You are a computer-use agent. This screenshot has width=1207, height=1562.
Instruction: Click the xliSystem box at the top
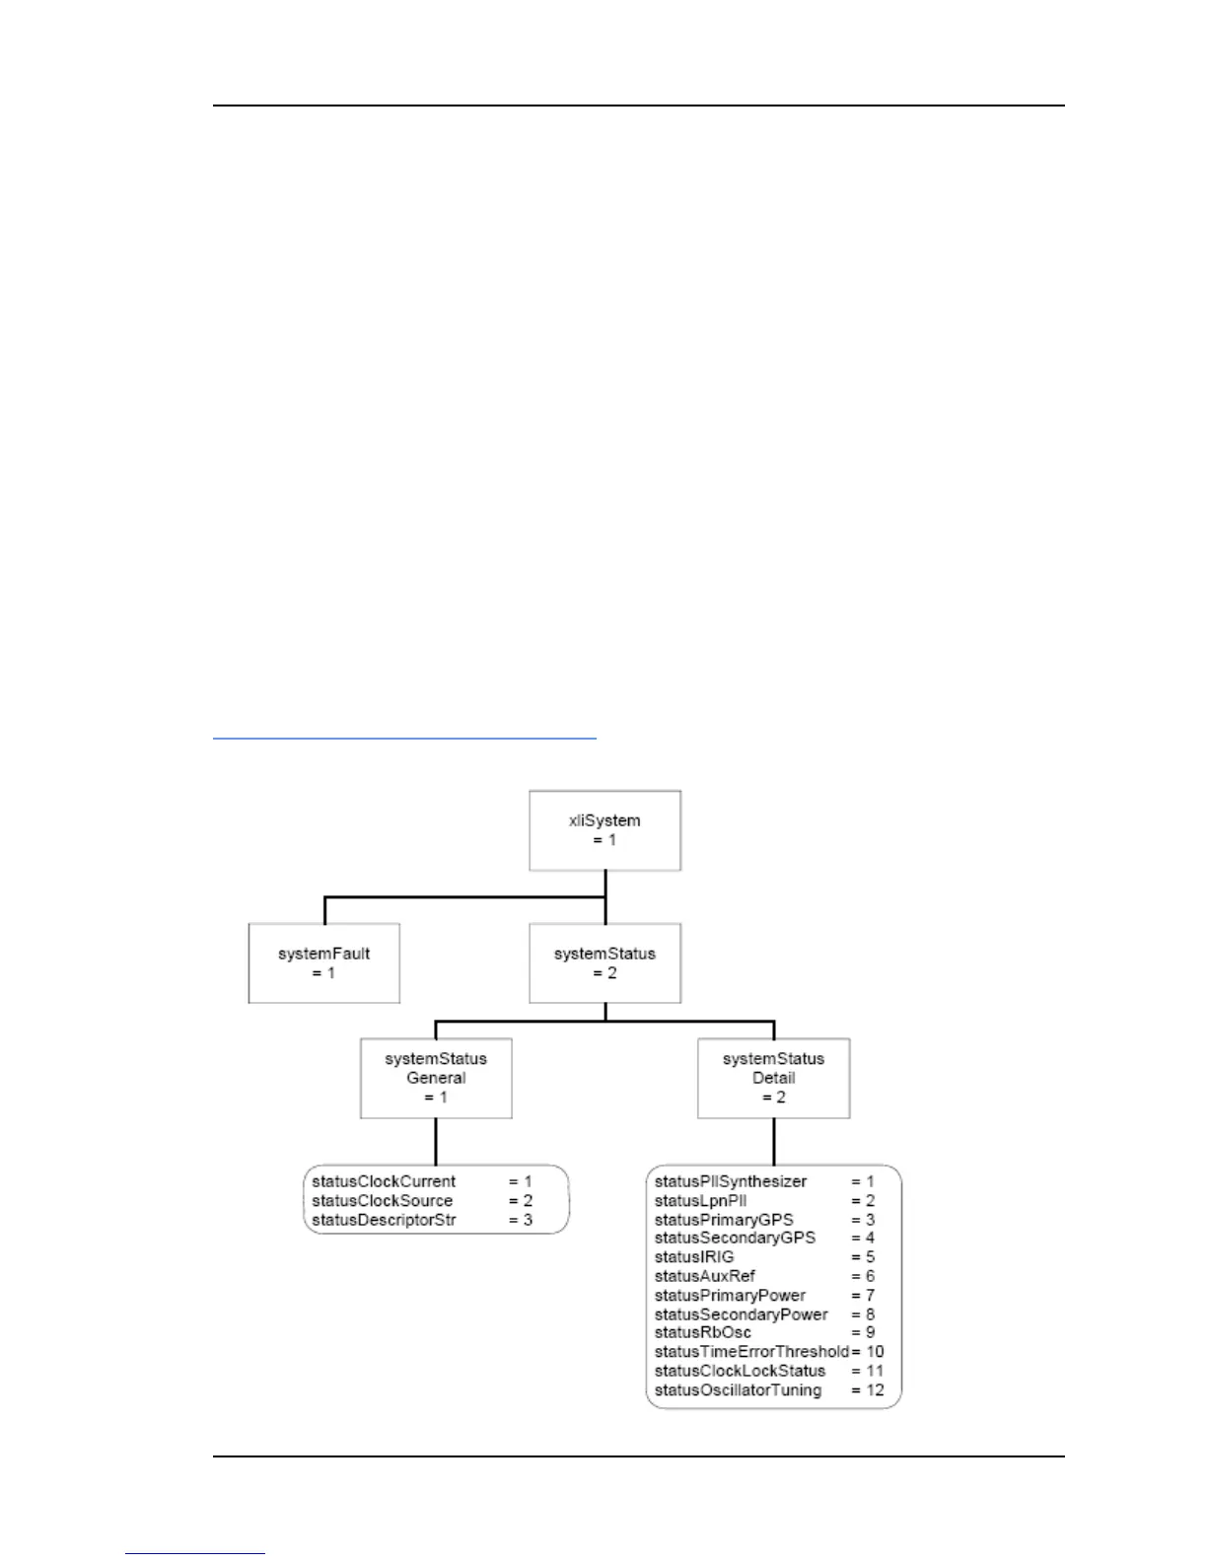[x=604, y=830]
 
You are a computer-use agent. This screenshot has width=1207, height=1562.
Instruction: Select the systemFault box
[x=324, y=963]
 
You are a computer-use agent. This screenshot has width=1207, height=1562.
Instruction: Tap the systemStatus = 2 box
[x=604, y=963]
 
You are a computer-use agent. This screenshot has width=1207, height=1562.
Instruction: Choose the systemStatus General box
[x=436, y=1078]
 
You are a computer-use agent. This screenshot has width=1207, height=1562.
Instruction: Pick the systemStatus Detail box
[x=773, y=1078]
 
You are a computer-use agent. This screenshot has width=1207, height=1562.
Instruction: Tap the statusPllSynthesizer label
[x=731, y=1181]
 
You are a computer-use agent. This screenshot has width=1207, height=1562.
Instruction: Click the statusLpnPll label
[x=700, y=1200]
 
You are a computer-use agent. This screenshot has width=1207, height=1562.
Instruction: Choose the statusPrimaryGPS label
[x=724, y=1220]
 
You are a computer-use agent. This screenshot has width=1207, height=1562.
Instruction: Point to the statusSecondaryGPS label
[x=735, y=1238]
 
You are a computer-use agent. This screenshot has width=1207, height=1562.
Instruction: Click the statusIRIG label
[x=694, y=1256]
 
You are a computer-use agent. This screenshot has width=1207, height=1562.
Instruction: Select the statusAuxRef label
[x=704, y=1276]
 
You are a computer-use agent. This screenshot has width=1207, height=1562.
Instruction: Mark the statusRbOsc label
[x=702, y=1332]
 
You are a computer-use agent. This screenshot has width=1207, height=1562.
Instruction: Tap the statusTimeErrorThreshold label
[x=751, y=1351]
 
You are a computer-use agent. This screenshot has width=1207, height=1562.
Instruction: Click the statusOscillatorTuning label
[x=738, y=1389]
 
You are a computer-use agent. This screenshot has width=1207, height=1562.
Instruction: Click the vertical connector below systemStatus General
[x=436, y=1142]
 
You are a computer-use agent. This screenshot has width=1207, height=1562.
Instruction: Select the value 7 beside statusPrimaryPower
[x=871, y=1295]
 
